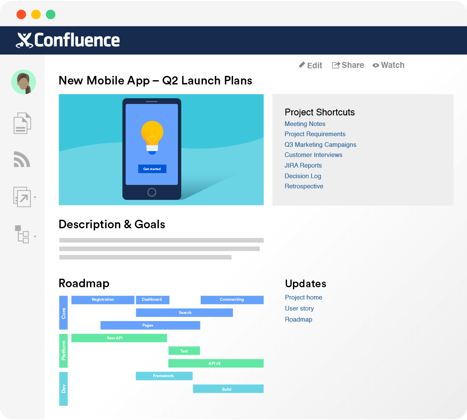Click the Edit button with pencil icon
pos(310,65)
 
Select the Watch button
pos(388,65)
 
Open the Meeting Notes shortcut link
pos(305,124)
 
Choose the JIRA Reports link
pos(303,165)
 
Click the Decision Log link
pos(303,176)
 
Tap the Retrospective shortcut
pos(304,186)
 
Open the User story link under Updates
pos(299,308)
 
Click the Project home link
pos(304,297)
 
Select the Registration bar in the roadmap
pos(103,300)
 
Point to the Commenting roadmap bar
pos(232,300)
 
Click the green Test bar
pos(184,351)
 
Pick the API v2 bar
pos(216,364)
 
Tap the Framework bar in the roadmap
pos(164,376)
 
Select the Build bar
pos(228,389)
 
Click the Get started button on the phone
pos(152,169)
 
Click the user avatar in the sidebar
pos(23,82)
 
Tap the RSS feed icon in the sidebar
pos(22,160)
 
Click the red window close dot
pos(21,14)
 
